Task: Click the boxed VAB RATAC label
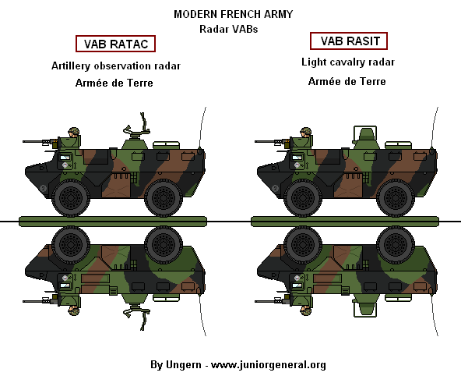click(115, 44)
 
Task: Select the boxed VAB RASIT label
click(349, 41)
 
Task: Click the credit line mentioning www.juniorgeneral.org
click(238, 364)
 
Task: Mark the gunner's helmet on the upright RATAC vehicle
click(75, 133)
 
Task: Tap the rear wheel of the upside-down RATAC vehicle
click(164, 245)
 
